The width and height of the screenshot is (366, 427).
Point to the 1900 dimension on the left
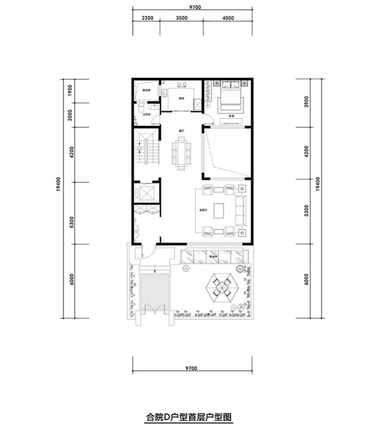point(71,91)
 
